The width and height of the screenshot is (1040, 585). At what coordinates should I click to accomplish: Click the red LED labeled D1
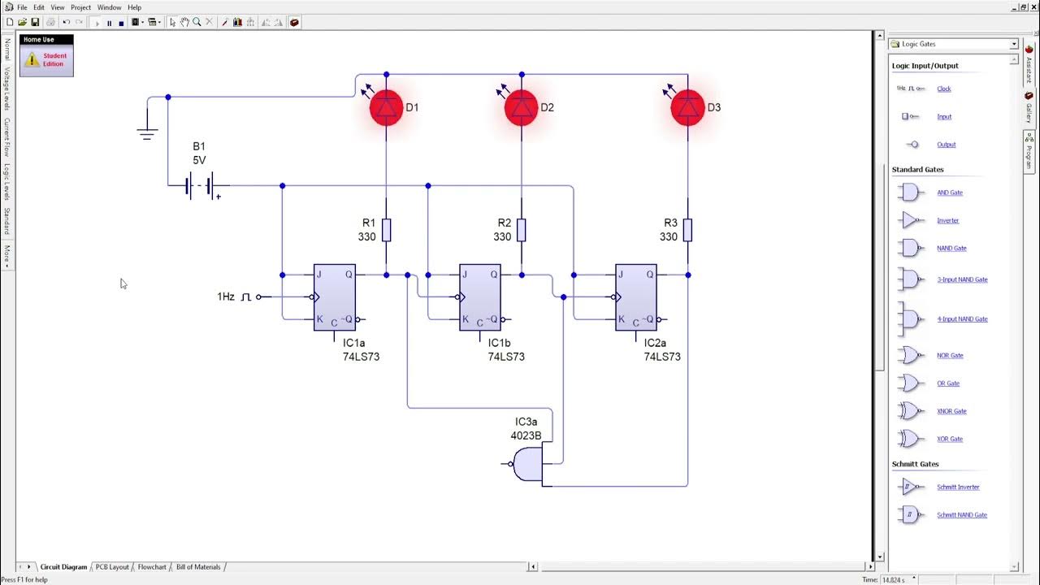[386, 108]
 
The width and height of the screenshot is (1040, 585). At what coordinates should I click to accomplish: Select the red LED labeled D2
[521, 108]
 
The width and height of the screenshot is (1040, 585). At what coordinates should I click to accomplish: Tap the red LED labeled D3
[687, 108]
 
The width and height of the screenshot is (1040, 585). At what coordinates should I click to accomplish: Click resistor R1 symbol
[386, 230]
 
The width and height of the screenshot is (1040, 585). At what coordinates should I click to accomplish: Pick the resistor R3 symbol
[687, 230]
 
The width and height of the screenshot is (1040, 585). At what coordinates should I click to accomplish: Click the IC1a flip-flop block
[335, 297]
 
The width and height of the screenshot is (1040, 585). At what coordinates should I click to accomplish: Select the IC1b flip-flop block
[479, 297]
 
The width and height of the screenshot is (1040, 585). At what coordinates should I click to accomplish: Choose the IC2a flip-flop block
[635, 297]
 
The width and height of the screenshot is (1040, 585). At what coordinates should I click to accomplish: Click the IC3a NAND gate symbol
[527, 464]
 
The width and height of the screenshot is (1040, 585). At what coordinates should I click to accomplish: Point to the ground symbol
[147, 133]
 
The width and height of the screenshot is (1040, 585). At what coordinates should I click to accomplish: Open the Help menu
[134, 7]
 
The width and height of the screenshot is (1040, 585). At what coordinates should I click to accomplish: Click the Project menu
[80, 7]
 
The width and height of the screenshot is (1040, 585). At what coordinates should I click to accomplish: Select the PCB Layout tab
[112, 567]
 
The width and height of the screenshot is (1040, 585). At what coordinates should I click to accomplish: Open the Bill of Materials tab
[198, 567]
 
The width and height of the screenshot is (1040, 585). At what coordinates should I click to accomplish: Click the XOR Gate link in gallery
[949, 439]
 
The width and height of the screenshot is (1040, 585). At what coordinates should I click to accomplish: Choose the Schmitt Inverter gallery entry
[957, 487]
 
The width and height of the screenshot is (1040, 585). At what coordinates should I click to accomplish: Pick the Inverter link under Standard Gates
[947, 220]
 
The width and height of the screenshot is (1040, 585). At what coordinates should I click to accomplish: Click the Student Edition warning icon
[32, 59]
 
